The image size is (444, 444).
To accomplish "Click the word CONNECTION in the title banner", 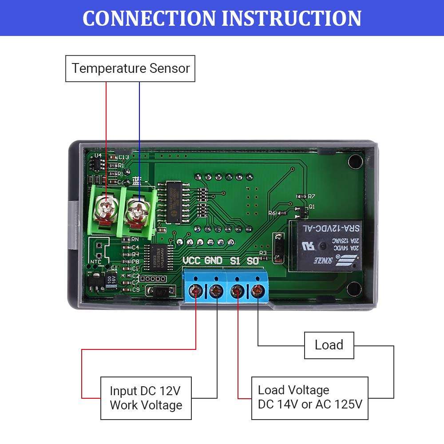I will click(x=148, y=18).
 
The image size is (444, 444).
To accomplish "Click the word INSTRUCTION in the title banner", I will click(x=292, y=18).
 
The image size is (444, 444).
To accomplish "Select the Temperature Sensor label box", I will click(x=130, y=68).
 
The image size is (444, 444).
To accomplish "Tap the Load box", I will click(x=329, y=345).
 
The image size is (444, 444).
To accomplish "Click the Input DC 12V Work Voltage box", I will click(x=146, y=398).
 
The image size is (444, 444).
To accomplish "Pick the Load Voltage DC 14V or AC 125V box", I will click(x=309, y=398).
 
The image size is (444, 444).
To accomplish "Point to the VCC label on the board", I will click(x=192, y=261).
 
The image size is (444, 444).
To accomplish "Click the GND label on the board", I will click(x=214, y=261).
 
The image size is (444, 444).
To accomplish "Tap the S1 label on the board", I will click(x=235, y=261).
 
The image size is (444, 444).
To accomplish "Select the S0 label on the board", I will click(x=253, y=261).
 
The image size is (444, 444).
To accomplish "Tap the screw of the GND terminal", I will click(x=216, y=291).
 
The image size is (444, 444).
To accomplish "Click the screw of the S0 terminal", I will click(x=257, y=291).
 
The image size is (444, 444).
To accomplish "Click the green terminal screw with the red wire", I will click(x=107, y=206).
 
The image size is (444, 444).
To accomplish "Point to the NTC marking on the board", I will click(x=96, y=262).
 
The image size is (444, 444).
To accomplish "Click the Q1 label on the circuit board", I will click(x=312, y=206).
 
